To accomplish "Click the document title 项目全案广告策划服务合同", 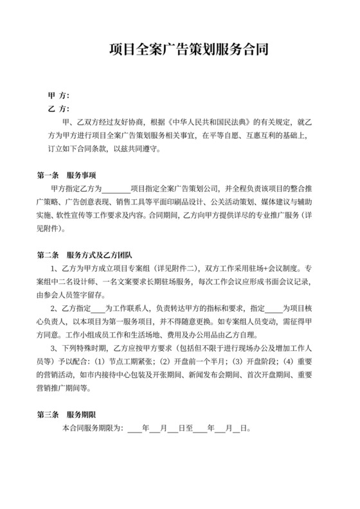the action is (x=179, y=49).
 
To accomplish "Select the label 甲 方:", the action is (x=59, y=94).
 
